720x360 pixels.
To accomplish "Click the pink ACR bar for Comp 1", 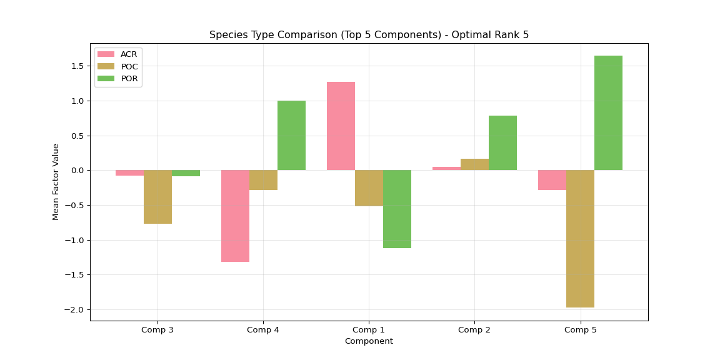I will pyautogui.click(x=341, y=126).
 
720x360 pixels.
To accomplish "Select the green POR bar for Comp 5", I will pyautogui.click(x=608, y=113).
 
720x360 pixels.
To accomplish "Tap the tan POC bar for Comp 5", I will pyautogui.click(x=580, y=239).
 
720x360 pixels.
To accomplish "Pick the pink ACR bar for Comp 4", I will pyautogui.click(x=235, y=216).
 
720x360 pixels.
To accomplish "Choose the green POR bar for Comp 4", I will pyautogui.click(x=291, y=136).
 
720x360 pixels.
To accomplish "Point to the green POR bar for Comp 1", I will pyautogui.click(x=397, y=209).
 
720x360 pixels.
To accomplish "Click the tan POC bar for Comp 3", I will pyautogui.click(x=157, y=197).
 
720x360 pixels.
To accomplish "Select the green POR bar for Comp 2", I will pyautogui.click(x=502, y=142).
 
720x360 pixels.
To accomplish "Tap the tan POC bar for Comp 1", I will pyautogui.click(x=369, y=188).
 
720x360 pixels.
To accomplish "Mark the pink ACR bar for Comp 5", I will pyautogui.click(x=552, y=180).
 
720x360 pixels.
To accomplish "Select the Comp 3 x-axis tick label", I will pyautogui.click(x=157, y=329).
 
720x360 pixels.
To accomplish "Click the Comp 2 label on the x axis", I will pyautogui.click(x=474, y=329).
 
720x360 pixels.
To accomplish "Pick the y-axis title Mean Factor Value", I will pyautogui.click(x=56, y=182).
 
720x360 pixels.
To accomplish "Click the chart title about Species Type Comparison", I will pyautogui.click(x=369, y=35).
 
